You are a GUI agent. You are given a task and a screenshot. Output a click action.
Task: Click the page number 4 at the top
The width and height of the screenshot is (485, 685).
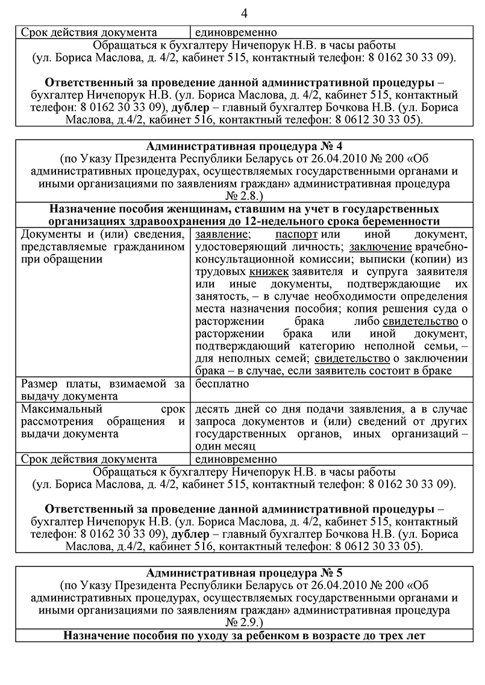point(243,13)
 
